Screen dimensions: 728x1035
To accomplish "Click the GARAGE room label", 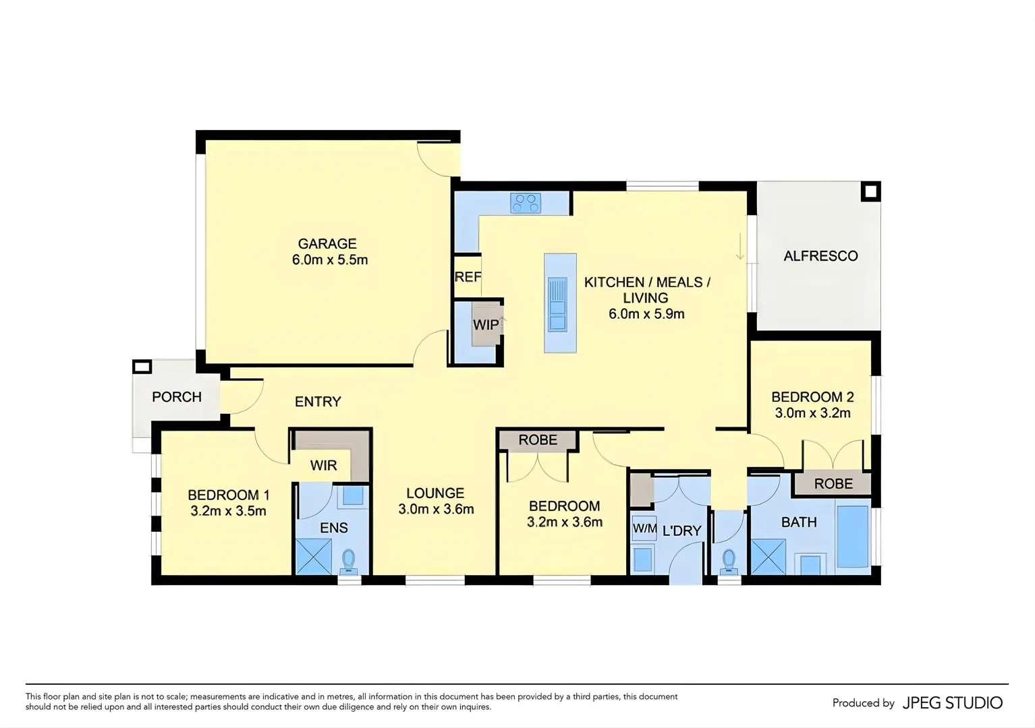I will pos(327,243).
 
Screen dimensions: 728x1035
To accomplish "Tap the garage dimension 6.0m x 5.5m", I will pos(329,260).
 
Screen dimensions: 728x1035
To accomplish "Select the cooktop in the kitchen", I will pos(526,202).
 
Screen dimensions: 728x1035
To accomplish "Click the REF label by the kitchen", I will pos(468,276).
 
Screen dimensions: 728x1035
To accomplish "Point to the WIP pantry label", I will pos(485,324).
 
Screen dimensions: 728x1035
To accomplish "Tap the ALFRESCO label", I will pos(820,256).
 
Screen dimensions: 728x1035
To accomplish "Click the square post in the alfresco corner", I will pos(870,192).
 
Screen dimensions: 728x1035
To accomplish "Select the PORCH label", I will pos(177,397).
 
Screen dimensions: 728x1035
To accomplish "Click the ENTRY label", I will pos(318,402).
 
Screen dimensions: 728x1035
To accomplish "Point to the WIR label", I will pos(323,466).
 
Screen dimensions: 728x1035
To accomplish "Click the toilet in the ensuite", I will pos(349,560).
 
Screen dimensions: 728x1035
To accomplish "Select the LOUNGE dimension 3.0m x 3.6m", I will pos(436,510).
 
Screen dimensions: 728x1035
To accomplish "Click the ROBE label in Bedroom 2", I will pos(833,483).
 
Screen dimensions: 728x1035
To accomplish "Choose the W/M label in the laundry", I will pos(644,529).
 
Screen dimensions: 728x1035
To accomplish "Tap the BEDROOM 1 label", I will pos(228,495).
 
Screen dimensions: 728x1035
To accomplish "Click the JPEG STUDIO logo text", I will pos(953,703).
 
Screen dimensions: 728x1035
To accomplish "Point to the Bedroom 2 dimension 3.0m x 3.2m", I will pos(812,413).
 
